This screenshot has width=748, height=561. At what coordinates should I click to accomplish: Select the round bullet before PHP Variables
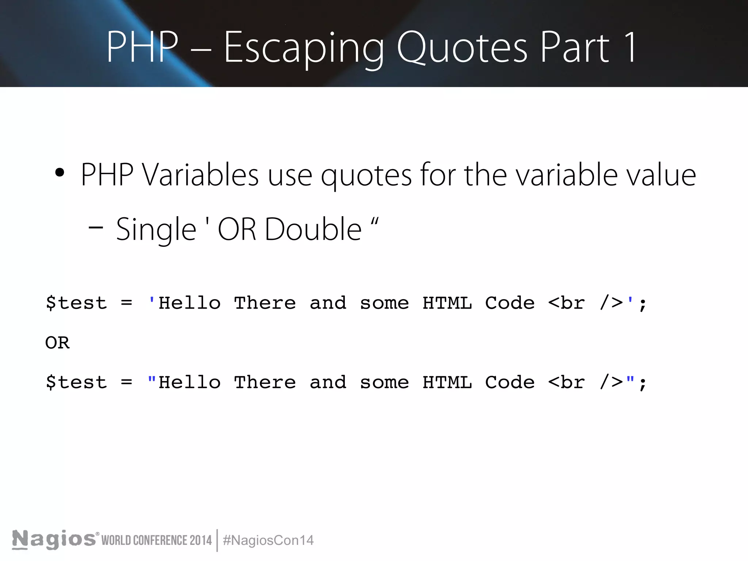click(x=60, y=173)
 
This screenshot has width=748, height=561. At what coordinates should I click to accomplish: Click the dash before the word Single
click(x=96, y=228)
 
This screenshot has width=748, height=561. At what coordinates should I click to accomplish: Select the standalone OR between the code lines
click(x=57, y=343)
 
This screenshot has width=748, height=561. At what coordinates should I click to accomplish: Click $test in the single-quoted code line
click(x=76, y=303)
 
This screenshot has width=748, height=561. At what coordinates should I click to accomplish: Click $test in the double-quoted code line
click(x=76, y=382)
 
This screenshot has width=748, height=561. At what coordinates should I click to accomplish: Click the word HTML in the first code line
click(x=447, y=303)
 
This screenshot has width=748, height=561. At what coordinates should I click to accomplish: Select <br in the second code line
click(x=566, y=382)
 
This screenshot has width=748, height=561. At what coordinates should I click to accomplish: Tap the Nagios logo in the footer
click(x=54, y=539)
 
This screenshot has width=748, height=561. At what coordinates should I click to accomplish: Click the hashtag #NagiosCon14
click(x=268, y=540)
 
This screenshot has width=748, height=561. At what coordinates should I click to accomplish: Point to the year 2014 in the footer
click(x=201, y=540)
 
